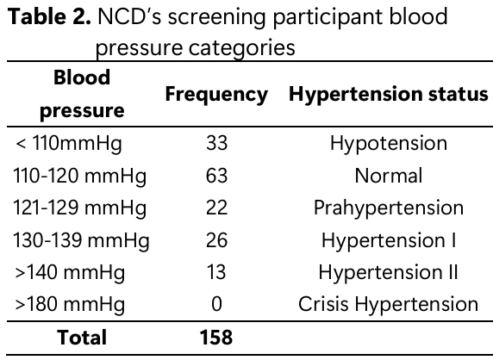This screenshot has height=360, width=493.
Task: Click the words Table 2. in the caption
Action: pos(49,16)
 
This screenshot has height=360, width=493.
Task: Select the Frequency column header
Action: pos(216,95)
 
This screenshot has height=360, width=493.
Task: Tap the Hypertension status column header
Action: pos(389,95)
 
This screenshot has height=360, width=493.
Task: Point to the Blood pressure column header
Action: pos(82,94)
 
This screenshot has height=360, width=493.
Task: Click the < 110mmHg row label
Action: pos(69,144)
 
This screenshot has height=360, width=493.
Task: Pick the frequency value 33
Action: pos(216,143)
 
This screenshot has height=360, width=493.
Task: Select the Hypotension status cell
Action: pos(389,144)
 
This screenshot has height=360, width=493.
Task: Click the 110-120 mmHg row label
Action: pos(79,176)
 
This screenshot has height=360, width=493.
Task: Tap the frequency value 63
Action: pos(216,176)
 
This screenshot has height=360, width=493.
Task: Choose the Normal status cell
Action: pos(389,176)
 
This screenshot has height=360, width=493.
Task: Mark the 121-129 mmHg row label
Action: pos(79,208)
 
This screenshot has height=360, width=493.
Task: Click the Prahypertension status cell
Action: pos(389,208)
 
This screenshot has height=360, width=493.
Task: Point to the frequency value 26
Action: pos(216,240)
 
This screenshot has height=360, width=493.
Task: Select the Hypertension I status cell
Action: pos(389,241)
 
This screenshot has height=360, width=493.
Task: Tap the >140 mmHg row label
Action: pos(70,273)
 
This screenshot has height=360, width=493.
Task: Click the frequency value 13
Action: pos(216,272)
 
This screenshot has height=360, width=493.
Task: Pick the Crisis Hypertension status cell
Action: pos(389,305)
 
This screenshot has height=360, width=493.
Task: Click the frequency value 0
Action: pos(216,304)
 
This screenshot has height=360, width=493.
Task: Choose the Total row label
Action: pos(82,338)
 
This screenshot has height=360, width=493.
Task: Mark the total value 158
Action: pos(216,338)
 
